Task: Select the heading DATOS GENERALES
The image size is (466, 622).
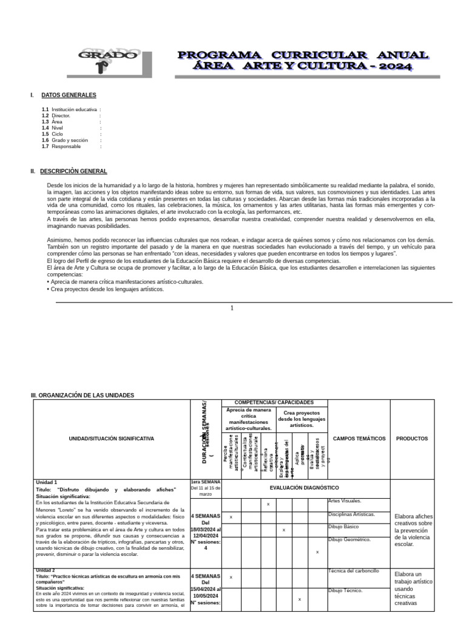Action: coord(69,95)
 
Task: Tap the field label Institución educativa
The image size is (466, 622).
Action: coord(74,109)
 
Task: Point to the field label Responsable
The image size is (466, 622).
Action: coord(66,146)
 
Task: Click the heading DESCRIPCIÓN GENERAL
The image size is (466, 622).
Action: coord(74,172)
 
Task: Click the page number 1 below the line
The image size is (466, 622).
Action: coord(232,308)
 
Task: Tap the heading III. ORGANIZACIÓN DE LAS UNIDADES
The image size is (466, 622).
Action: coord(83,395)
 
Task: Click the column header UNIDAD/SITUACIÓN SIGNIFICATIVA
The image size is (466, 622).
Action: coord(111,439)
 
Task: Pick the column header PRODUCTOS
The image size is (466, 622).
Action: coord(412,439)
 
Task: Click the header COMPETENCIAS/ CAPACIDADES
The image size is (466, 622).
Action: coord(274,403)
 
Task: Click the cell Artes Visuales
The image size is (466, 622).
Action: coord(345,501)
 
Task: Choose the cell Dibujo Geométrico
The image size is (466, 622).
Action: coord(349,539)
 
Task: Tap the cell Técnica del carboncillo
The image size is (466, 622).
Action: coord(354,571)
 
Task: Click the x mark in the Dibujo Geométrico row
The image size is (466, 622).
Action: coord(317,552)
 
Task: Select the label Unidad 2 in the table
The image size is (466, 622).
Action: coord(46,570)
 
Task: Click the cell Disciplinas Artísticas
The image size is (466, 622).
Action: coord(351,514)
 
